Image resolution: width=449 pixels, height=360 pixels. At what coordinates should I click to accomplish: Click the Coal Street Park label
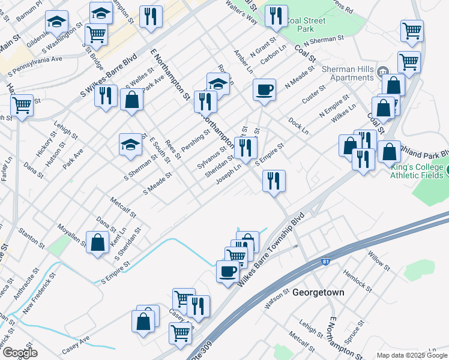(x=306, y=25)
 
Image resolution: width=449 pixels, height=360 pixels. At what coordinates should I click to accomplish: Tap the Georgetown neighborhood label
(x=318, y=293)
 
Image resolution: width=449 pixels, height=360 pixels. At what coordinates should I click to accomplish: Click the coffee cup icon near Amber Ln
(x=264, y=91)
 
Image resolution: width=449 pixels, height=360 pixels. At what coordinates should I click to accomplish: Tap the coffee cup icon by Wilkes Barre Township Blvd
(x=228, y=271)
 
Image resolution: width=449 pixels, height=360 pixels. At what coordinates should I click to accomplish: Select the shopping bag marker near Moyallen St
(x=97, y=243)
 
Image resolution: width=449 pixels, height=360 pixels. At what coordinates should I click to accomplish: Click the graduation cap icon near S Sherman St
(x=130, y=145)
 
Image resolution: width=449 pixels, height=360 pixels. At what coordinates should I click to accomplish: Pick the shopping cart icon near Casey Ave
(x=180, y=332)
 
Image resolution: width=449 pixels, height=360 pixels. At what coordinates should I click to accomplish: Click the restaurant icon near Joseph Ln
(x=274, y=181)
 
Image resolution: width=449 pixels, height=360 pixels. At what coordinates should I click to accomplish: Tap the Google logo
(x=19, y=353)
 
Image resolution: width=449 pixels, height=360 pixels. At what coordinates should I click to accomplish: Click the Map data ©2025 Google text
(x=412, y=355)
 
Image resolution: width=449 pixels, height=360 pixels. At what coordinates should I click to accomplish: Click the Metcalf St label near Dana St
(x=124, y=206)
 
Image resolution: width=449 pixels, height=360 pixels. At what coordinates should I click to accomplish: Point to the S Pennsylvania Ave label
(x=35, y=67)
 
